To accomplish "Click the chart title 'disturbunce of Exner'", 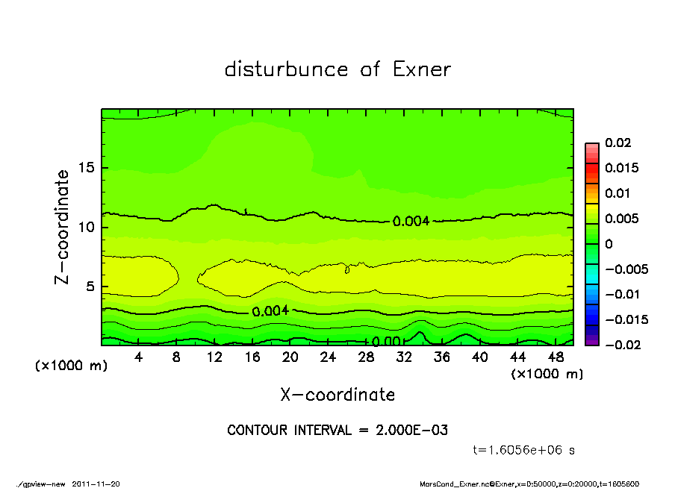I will coord(337,69).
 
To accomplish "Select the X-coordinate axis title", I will coord(337,395).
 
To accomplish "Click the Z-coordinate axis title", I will coord(62,226).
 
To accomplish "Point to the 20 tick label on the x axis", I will coord(290,357).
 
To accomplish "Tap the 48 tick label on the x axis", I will coord(555,357).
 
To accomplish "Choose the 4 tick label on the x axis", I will coord(138,357).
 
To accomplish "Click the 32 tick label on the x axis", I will coord(404,357).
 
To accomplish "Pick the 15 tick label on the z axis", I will coord(87,168).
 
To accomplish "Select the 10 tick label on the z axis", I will coord(87,227).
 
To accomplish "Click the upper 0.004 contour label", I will coord(411,222).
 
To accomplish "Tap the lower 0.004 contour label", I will coord(270,311).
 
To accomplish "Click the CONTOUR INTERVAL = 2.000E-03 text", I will coord(337,431).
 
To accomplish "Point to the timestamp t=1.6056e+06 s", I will coord(524,450).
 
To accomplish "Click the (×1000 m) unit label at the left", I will coord(67,366).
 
